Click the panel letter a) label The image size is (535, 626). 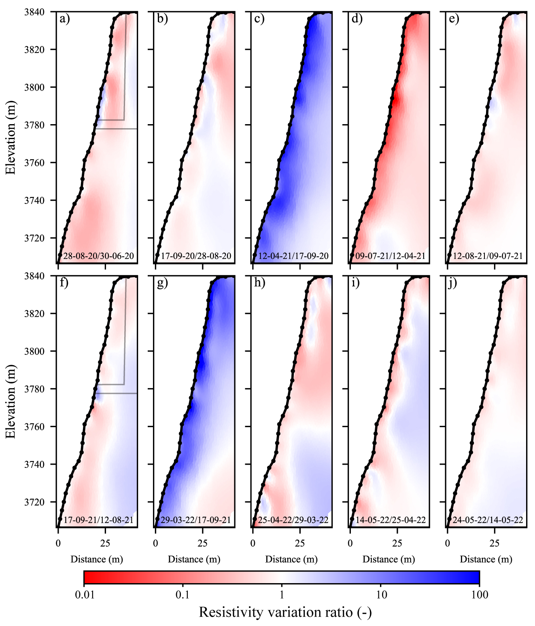click(64, 19)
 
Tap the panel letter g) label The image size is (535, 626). click(162, 283)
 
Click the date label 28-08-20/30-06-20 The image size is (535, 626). click(99, 256)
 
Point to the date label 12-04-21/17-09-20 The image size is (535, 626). click(293, 256)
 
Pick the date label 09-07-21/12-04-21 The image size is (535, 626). click(391, 256)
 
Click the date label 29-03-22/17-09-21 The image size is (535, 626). click(196, 520)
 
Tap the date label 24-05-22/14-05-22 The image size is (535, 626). click(488, 520)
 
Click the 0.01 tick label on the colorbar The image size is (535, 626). click(85, 595)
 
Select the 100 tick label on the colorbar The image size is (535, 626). click(480, 595)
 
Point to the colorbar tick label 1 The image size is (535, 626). click(282, 595)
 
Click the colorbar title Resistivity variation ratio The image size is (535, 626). click(285, 612)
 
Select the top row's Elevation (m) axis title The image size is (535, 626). click(11, 137)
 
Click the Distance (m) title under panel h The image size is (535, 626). click(291, 559)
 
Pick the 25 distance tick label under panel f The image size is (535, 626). click(105, 544)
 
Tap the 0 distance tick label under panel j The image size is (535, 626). click(448, 544)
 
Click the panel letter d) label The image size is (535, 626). click(357, 19)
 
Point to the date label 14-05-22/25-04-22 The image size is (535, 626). click(391, 520)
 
